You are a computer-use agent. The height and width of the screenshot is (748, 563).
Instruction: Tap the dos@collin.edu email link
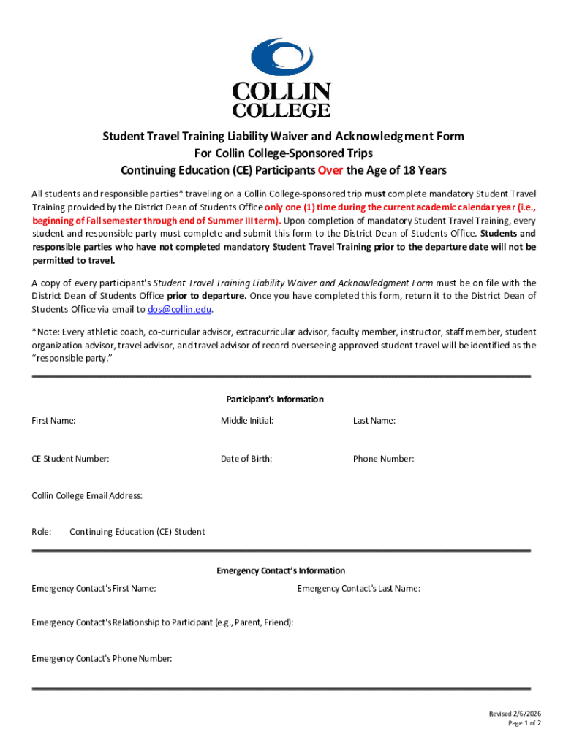point(180,310)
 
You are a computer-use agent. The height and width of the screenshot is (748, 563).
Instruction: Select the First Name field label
point(53,421)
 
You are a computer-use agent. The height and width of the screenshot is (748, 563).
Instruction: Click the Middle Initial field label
point(247,421)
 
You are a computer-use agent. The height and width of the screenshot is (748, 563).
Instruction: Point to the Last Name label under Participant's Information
point(374,421)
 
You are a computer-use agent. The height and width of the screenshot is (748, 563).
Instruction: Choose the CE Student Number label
point(70,459)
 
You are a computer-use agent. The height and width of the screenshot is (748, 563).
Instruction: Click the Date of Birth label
point(246,459)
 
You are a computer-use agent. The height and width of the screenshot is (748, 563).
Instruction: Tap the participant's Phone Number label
point(383,459)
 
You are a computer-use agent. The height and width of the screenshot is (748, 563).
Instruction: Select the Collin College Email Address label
point(87,496)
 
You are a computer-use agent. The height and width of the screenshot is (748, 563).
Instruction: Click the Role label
point(42,532)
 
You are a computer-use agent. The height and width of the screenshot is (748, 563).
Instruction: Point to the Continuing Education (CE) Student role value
point(137,532)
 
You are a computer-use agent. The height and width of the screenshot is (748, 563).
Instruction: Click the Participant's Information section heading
point(275,400)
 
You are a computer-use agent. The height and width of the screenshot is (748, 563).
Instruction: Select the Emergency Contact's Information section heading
point(281,570)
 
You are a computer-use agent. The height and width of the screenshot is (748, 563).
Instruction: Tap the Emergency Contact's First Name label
point(94,589)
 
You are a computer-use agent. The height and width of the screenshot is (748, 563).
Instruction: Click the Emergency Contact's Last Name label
point(358,589)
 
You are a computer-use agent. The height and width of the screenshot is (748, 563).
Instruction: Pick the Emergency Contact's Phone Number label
point(102,659)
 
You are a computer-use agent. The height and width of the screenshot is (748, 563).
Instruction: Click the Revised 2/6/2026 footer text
point(515,714)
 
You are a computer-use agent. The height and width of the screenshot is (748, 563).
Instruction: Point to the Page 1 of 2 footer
point(525,723)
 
